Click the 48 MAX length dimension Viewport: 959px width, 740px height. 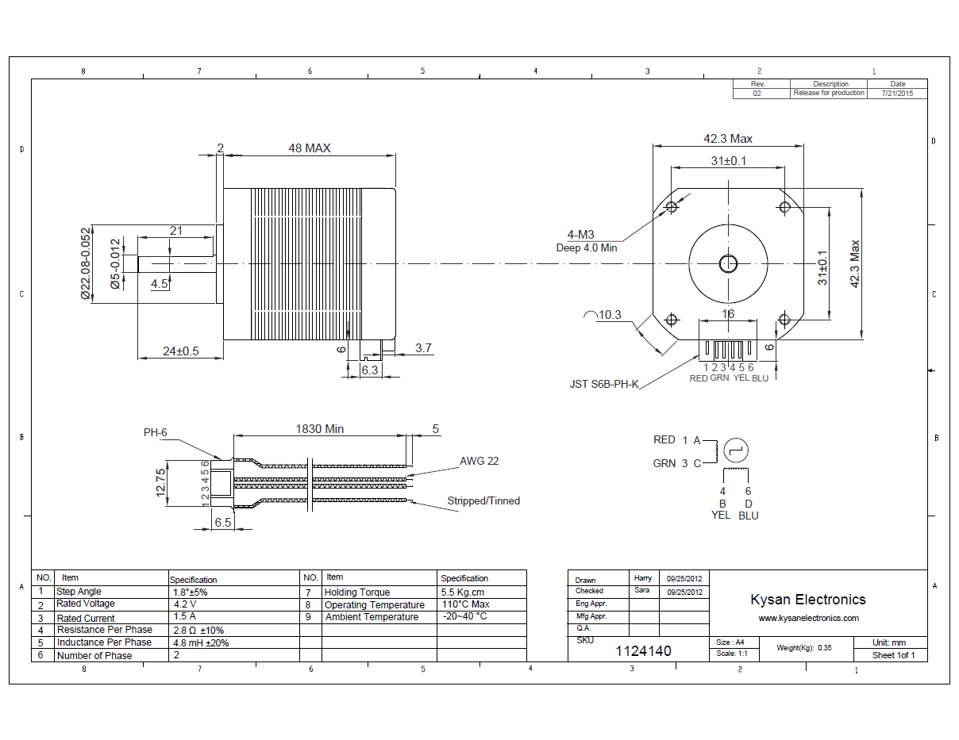coord(309,148)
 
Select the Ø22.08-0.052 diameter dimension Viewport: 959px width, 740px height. coord(86,264)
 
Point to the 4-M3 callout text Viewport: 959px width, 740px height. coord(580,235)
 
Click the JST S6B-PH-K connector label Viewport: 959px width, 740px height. coord(604,384)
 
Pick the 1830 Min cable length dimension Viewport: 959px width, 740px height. coord(320,429)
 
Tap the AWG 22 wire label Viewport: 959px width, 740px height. coord(479,461)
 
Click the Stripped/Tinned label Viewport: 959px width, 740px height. coord(483,500)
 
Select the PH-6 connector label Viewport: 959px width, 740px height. coord(156,433)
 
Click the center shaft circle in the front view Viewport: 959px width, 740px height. coord(728,263)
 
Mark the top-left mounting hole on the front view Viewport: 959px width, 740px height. coord(672,207)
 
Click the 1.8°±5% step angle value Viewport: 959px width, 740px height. coord(190,592)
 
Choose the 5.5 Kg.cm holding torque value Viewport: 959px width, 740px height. coord(462,592)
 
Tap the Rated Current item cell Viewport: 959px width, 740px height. coord(86,618)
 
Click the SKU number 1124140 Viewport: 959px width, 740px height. coord(644,651)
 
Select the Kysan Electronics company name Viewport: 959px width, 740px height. coord(808,600)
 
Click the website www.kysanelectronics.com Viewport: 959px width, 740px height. coord(808,618)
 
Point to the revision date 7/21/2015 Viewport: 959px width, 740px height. coord(897,93)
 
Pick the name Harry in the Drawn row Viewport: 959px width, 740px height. coord(643,578)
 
